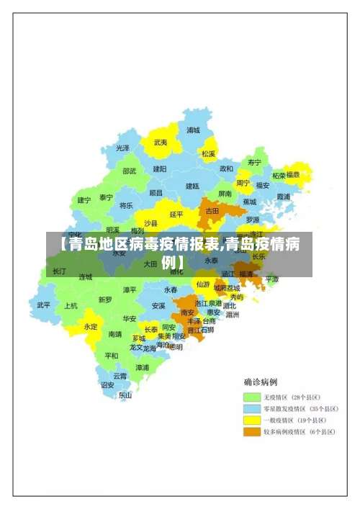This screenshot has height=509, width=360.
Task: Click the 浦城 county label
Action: coord(193,130)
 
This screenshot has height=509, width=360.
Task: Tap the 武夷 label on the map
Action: coord(160,143)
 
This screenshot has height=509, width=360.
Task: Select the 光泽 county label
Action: coord(123,148)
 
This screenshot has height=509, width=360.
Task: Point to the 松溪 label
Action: coord(209,153)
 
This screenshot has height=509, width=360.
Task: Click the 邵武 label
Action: coord(129,171)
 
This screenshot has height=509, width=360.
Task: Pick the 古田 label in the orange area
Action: coord(212,211)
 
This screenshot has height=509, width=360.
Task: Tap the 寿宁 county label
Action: coord(254,162)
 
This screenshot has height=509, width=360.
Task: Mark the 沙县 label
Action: coord(150,223)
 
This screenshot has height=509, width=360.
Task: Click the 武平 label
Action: coord(44,305)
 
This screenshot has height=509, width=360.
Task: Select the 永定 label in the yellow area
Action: coord(91,326)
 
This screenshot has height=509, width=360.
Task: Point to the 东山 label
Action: coord(125,395)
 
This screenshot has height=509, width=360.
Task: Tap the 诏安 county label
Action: coord(107,385)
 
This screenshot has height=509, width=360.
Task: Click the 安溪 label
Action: coord(158,305)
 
